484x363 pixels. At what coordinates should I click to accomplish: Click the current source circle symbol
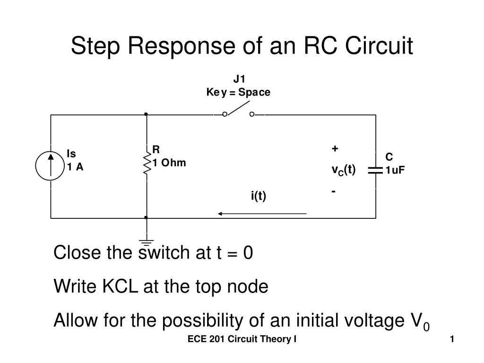[51, 167]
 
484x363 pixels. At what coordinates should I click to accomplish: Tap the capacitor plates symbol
[376, 170]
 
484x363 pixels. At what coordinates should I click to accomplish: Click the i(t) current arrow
[262, 214]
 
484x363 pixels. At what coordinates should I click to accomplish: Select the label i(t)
[259, 196]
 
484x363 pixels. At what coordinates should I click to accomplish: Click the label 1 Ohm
[169, 163]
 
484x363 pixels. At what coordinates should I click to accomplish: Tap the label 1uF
[395, 171]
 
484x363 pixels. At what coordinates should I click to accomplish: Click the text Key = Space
[238, 92]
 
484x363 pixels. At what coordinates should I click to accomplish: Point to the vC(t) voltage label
[343, 170]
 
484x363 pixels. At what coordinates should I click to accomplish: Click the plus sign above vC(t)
[335, 149]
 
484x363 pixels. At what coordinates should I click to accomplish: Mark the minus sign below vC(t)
[334, 191]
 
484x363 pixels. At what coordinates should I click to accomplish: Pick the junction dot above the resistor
[147, 114]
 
